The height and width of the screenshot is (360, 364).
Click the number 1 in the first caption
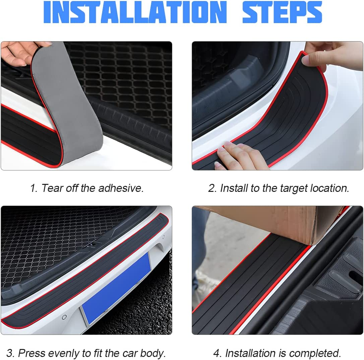tap(33, 188)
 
